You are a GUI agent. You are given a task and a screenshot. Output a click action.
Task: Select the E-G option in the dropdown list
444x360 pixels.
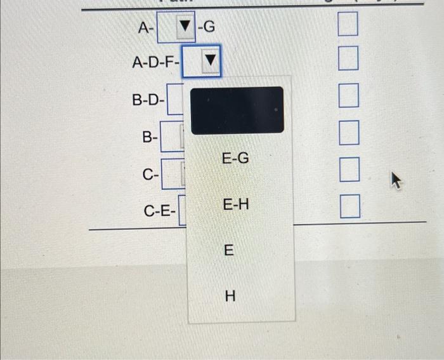[235, 158]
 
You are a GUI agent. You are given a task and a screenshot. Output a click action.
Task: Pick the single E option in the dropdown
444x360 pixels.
[229, 251]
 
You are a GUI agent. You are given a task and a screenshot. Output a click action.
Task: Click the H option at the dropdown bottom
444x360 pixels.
[230, 296]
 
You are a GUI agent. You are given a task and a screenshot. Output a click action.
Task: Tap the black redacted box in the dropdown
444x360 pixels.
[237, 110]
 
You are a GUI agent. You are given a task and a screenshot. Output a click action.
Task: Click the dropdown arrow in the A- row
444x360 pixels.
[184, 27]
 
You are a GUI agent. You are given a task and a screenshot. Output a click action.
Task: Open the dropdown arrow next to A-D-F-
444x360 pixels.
[210, 62]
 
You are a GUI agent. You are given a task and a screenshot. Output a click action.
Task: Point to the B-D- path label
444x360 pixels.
[148, 100]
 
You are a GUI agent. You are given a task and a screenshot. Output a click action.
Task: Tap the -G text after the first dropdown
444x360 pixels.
[207, 27]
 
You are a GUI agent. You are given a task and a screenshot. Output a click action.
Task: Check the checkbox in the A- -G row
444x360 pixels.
[348, 26]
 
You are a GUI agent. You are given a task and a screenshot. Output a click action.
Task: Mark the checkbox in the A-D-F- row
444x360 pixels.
[348, 61]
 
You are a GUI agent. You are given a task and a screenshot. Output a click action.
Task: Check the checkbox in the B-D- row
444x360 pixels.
[348, 98]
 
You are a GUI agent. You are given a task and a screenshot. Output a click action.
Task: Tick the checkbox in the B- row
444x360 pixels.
[348, 135]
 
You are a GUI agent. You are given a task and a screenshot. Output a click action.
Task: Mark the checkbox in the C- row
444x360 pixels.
[348, 171]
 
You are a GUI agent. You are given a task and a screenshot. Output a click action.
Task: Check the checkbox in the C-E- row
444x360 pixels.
[348, 207]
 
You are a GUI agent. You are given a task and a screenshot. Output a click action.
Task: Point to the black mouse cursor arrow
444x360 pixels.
[395, 182]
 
